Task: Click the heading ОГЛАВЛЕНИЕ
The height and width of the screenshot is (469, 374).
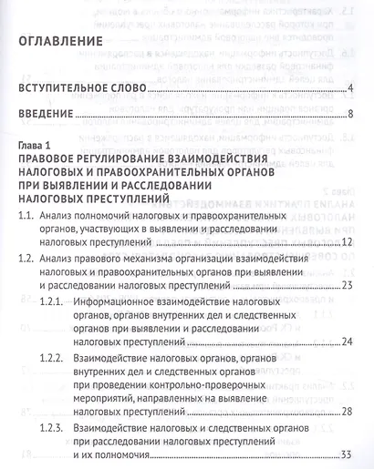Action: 69,43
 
